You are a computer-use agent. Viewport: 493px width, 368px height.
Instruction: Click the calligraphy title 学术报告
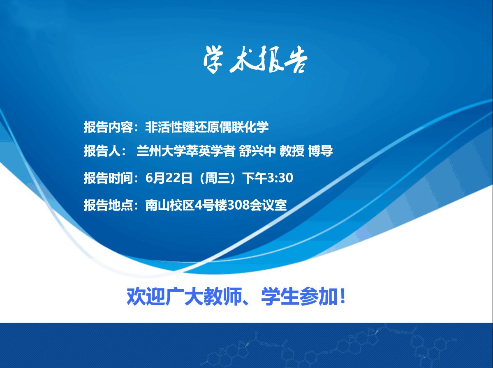pyautogui.click(x=255, y=59)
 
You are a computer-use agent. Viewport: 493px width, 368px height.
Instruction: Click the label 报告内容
pyautogui.click(x=108, y=127)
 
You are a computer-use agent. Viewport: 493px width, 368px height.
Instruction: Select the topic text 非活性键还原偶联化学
pyautogui.click(x=207, y=127)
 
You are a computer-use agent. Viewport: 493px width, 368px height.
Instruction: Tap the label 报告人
pyautogui.click(x=102, y=151)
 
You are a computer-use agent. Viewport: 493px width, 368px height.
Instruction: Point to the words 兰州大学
pyautogui.click(x=161, y=151)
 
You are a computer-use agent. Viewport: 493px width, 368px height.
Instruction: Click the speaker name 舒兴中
pyautogui.click(x=257, y=151)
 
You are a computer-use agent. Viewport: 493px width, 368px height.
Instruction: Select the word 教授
pyautogui.click(x=292, y=151)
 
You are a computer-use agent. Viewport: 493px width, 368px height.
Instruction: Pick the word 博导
pyautogui.click(x=320, y=151)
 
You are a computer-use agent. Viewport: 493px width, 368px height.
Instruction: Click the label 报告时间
pyautogui.click(x=108, y=178)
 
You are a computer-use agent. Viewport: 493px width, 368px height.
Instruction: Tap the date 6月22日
pyautogui.click(x=169, y=178)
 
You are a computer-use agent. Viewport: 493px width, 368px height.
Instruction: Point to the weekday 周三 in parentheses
pyautogui.click(x=217, y=178)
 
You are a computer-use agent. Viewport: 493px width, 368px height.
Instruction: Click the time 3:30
pyautogui.click(x=280, y=178)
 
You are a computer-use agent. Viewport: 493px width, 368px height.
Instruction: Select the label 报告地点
pyautogui.click(x=108, y=205)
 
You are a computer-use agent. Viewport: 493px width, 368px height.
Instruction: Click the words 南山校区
pyautogui.click(x=170, y=205)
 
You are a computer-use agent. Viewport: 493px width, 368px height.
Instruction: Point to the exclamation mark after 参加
pyautogui.click(x=343, y=296)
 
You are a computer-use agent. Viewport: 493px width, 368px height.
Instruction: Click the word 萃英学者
pyautogui.click(x=210, y=151)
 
